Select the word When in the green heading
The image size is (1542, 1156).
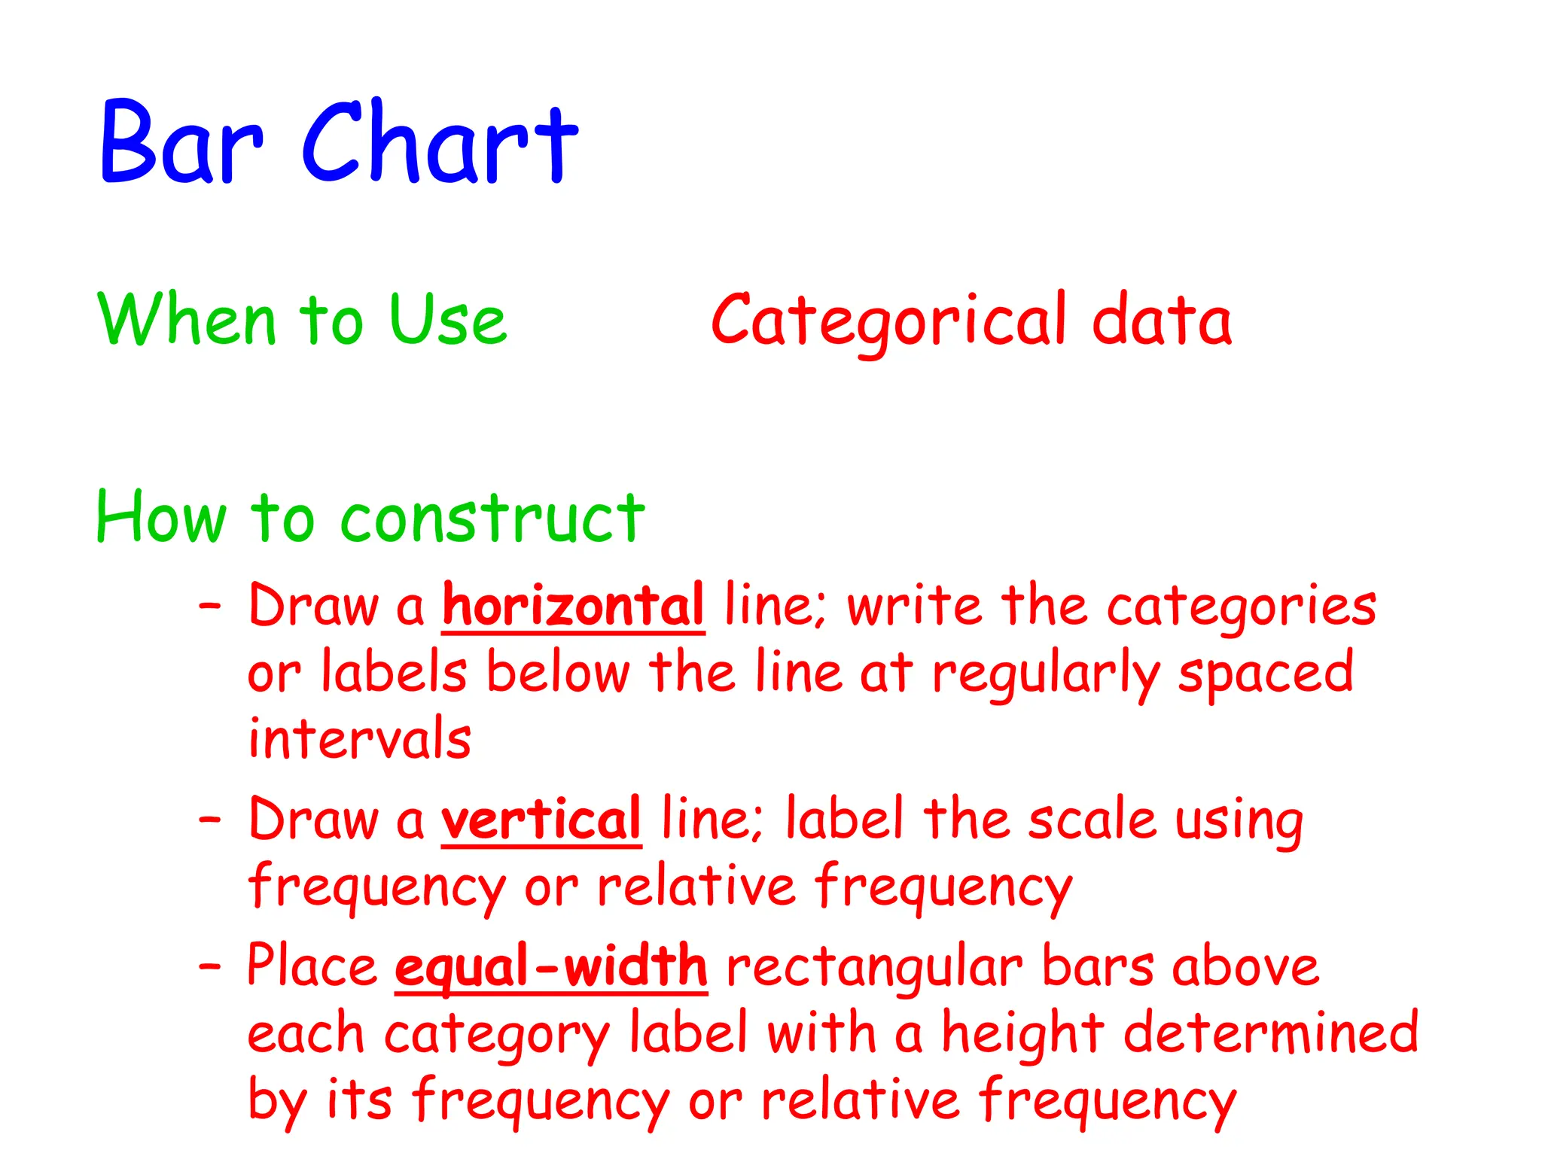[187, 320]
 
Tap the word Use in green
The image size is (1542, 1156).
[448, 320]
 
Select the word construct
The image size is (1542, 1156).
[492, 518]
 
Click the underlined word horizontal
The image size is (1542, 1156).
[573, 605]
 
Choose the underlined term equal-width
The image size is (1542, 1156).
[551, 966]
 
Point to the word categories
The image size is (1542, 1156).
[1242, 607]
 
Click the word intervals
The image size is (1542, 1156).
[359, 738]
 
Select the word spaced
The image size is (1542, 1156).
[1266, 673]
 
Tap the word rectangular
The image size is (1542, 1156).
[874, 968]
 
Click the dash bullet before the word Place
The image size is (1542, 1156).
[210, 965]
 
